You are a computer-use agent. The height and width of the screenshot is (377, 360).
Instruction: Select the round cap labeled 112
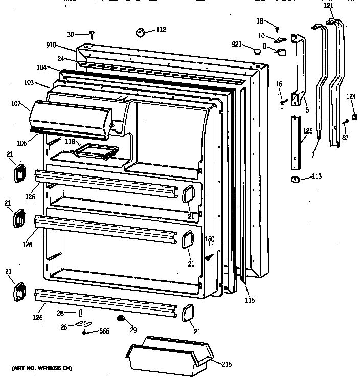(141, 33)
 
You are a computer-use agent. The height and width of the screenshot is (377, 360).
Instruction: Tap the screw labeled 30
(92, 34)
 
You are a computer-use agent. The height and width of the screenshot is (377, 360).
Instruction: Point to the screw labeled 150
(209, 257)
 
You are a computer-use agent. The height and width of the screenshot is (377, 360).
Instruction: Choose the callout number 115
(249, 300)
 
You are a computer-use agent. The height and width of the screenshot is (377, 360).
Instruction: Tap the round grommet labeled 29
(121, 320)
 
